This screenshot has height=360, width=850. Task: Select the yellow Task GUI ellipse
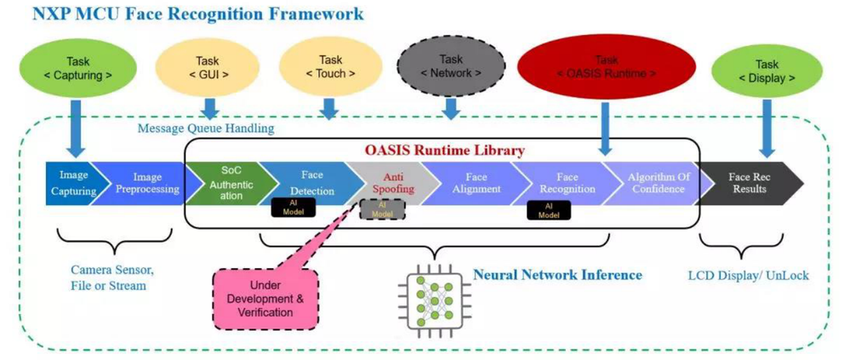tap(207, 67)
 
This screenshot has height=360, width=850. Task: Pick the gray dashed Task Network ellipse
tap(452, 66)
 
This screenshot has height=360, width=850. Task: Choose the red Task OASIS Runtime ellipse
tap(606, 66)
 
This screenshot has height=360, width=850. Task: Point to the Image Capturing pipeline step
tap(73, 182)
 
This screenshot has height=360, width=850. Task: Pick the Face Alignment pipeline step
tap(474, 182)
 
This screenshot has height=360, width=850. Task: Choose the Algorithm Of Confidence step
tap(657, 182)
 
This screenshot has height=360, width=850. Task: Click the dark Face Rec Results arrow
tap(749, 182)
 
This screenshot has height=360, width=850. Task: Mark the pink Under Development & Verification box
tap(265, 298)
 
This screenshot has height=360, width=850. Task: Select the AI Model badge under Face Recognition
tap(548, 209)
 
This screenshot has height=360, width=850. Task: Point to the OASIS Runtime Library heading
tap(445, 150)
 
